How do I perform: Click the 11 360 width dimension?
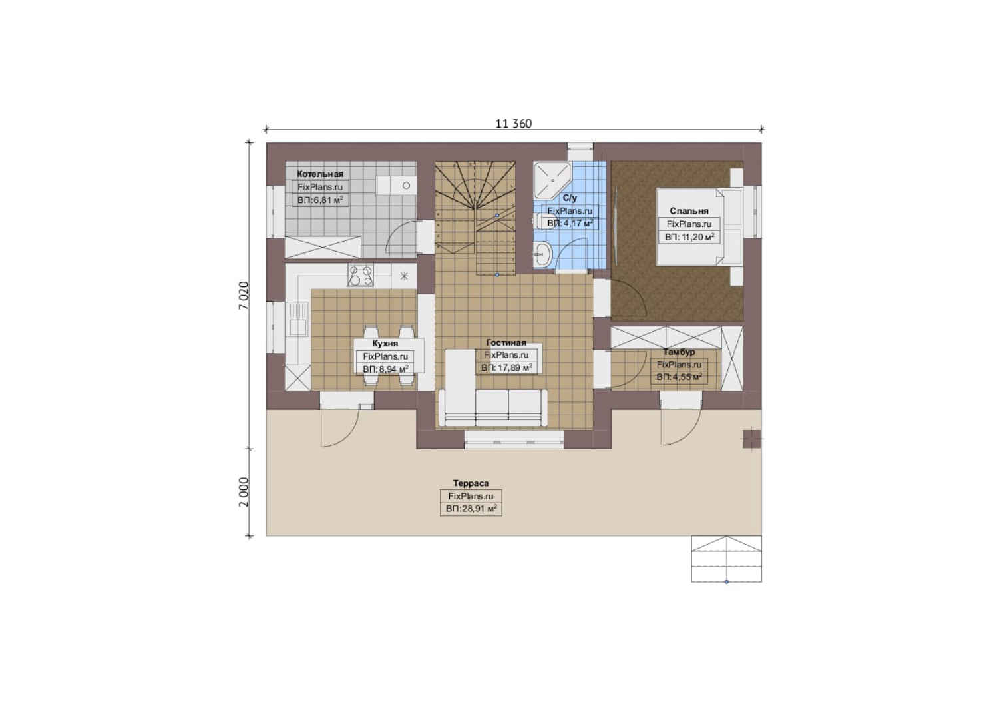(513, 124)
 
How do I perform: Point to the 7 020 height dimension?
(244, 296)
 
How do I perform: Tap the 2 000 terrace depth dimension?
(244, 491)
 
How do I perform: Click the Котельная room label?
(320, 174)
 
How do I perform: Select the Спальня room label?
(689, 211)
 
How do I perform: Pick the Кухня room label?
(385, 344)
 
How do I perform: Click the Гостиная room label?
(506, 342)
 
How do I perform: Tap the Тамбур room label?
(679, 352)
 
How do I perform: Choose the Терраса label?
(471, 483)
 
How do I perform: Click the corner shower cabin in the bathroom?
(552, 180)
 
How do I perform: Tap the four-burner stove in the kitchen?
(361, 275)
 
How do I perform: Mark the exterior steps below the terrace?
(727, 559)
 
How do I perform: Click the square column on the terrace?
(752, 439)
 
